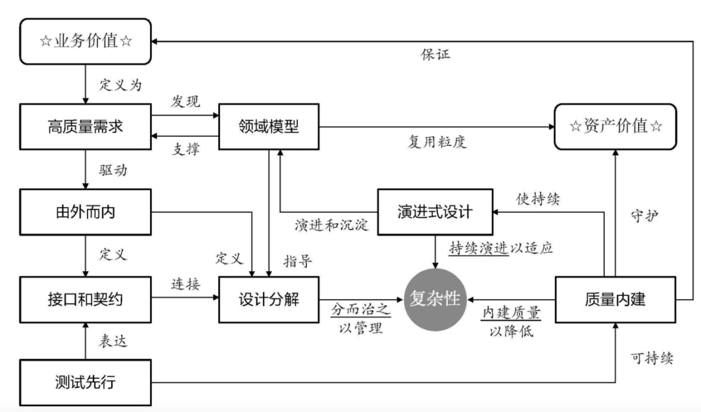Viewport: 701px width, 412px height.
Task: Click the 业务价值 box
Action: click(x=86, y=42)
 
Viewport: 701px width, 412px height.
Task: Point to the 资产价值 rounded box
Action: click(x=616, y=126)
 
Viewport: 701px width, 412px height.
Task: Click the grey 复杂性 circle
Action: click(x=435, y=299)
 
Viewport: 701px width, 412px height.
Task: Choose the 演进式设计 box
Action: click(x=435, y=211)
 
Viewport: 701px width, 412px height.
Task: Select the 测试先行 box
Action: click(x=86, y=382)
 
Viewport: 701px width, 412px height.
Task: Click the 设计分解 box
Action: click(x=269, y=299)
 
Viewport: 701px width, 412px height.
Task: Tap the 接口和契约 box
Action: click(x=86, y=299)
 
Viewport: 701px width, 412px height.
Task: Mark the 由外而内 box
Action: click(x=86, y=211)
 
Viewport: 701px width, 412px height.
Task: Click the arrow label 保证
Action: click(x=435, y=53)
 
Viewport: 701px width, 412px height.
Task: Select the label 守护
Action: click(x=645, y=215)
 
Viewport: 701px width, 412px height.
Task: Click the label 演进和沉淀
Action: click(x=331, y=225)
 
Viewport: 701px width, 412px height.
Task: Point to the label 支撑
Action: click(x=186, y=149)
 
